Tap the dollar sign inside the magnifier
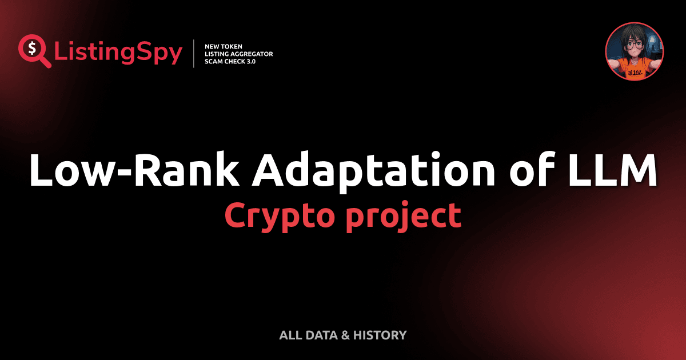(31, 47)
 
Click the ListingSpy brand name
(118, 52)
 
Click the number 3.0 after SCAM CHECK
(249, 61)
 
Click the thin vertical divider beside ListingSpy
(195, 53)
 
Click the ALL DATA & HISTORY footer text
(342, 335)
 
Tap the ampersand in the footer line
(345, 335)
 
